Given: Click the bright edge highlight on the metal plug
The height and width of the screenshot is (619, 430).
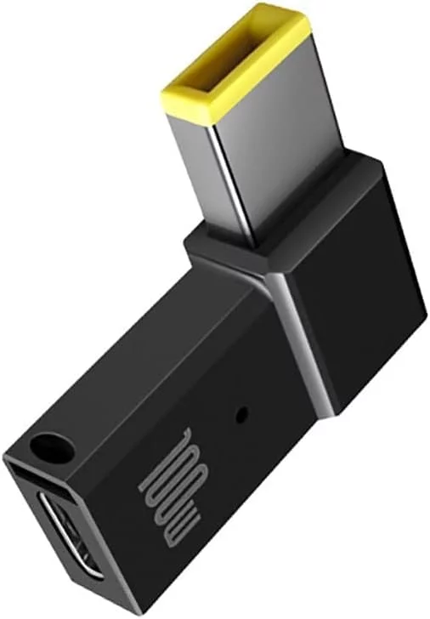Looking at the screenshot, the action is click(x=232, y=182).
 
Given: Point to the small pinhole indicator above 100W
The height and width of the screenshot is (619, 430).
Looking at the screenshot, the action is click(x=242, y=415).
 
